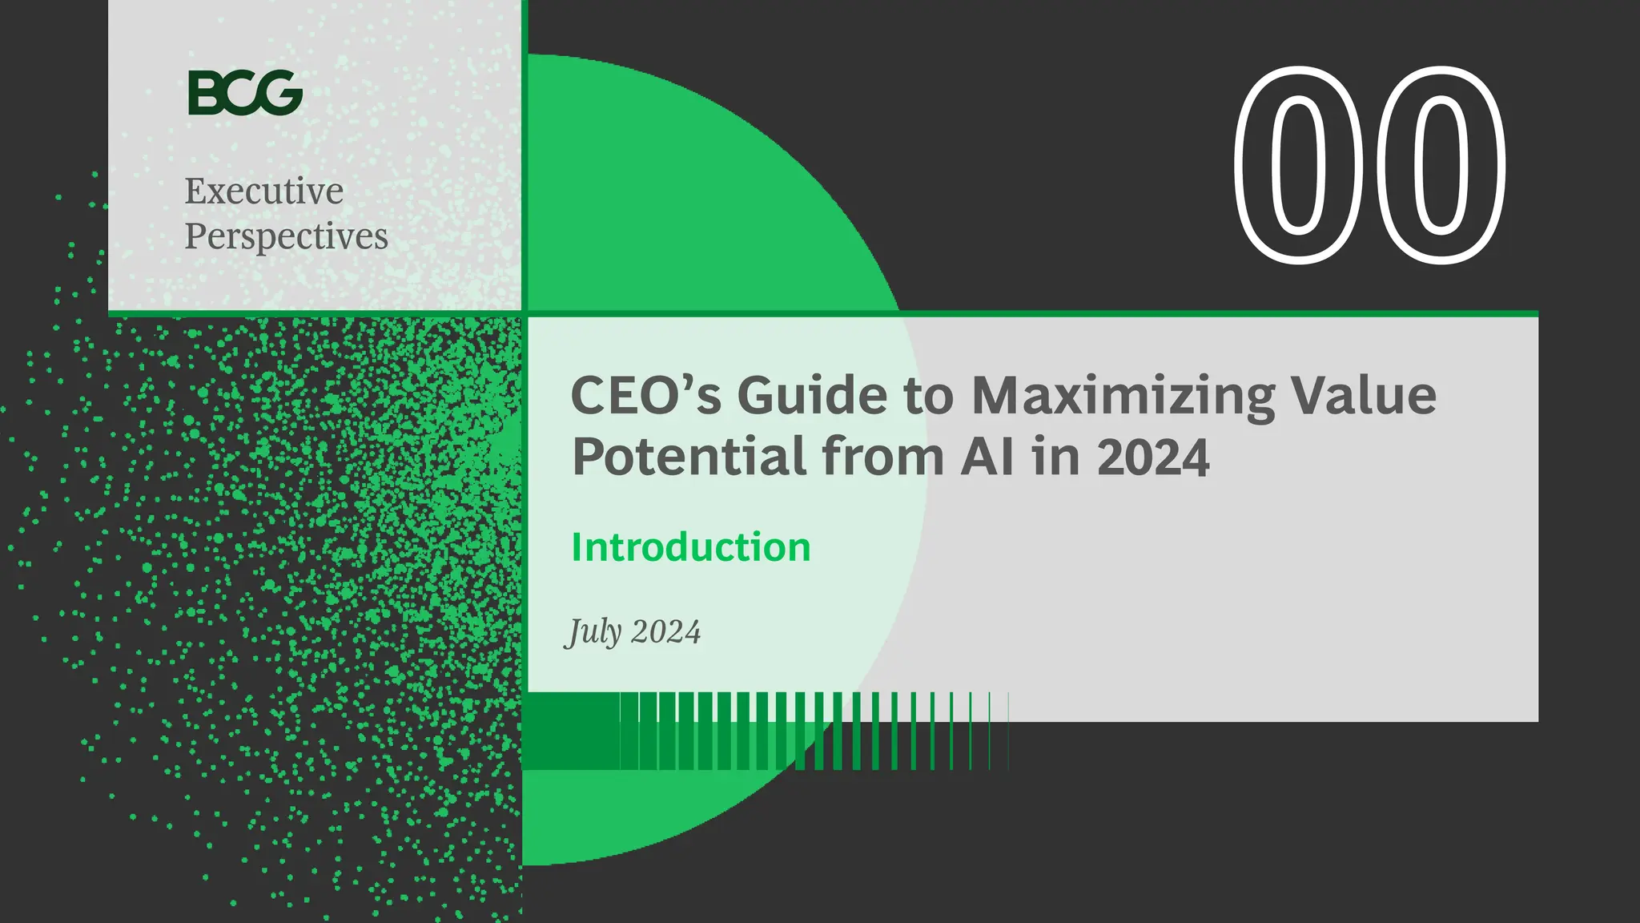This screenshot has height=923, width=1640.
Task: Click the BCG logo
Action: (245, 92)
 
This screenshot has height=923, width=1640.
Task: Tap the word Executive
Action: (264, 191)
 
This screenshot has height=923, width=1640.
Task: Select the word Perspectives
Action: (286, 236)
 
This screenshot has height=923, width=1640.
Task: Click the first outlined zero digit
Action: (1300, 165)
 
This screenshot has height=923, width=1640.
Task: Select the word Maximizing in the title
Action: (1123, 397)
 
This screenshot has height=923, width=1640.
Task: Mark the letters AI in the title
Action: (987, 457)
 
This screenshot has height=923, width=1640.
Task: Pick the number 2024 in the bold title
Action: (1153, 457)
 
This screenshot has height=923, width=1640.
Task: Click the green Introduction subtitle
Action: (691, 547)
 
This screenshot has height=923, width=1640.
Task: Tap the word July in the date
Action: (593, 633)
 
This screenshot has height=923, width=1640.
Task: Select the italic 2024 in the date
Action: (665, 632)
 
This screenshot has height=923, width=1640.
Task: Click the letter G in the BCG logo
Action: (282, 92)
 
